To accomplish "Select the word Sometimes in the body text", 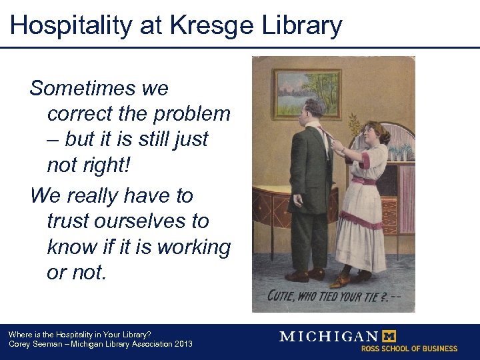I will pyautogui.click(x=99, y=88).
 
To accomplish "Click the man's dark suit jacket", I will pyautogui.click(x=310, y=167).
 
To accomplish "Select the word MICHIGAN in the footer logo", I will pyautogui.click(x=328, y=337).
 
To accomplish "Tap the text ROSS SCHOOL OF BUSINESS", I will pyautogui.click(x=409, y=349).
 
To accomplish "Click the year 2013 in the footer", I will pyautogui.click(x=182, y=344).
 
